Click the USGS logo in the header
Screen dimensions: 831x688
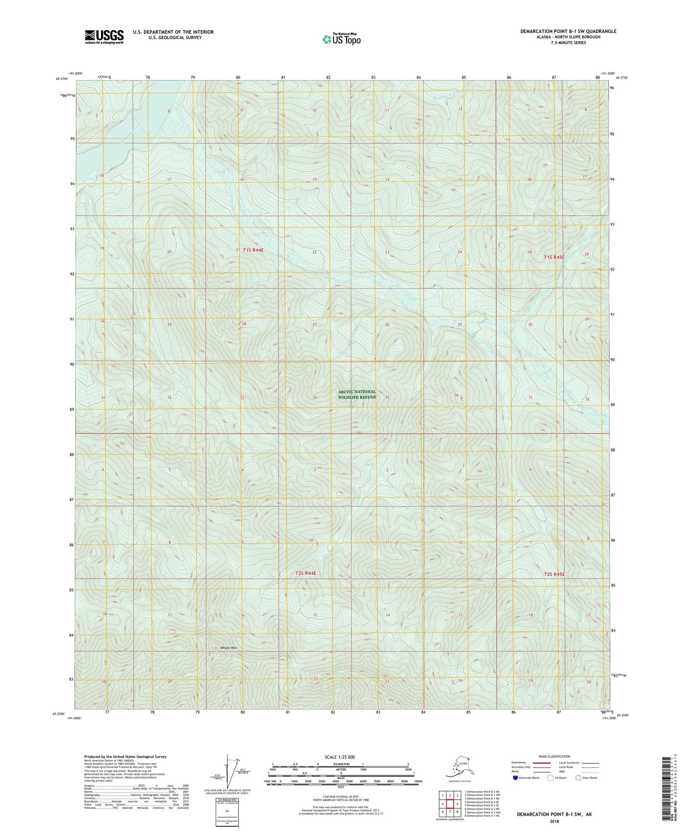pyautogui.click(x=104, y=37)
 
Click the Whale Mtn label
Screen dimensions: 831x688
pyautogui.click(x=229, y=648)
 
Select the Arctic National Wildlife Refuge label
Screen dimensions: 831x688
pyautogui.click(x=357, y=394)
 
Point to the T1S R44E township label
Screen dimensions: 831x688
pyautogui.click(x=253, y=250)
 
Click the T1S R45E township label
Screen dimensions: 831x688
pyautogui.click(x=554, y=257)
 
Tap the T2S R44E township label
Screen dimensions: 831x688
pyautogui.click(x=306, y=574)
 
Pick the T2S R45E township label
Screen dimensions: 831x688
pyautogui.click(x=554, y=574)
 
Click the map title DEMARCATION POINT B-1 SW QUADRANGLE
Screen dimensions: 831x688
pyautogui.click(x=568, y=31)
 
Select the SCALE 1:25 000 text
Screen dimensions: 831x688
pyautogui.click(x=340, y=757)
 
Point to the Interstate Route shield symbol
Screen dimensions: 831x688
pyautogui.click(x=516, y=778)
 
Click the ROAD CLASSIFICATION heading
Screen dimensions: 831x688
pyautogui.click(x=554, y=756)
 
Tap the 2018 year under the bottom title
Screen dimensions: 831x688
pyautogui.click(x=554, y=821)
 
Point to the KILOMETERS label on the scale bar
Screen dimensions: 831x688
pyautogui.click(x=340, y=764)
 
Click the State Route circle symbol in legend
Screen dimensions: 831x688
pyautogui.click(x=578, y=778)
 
